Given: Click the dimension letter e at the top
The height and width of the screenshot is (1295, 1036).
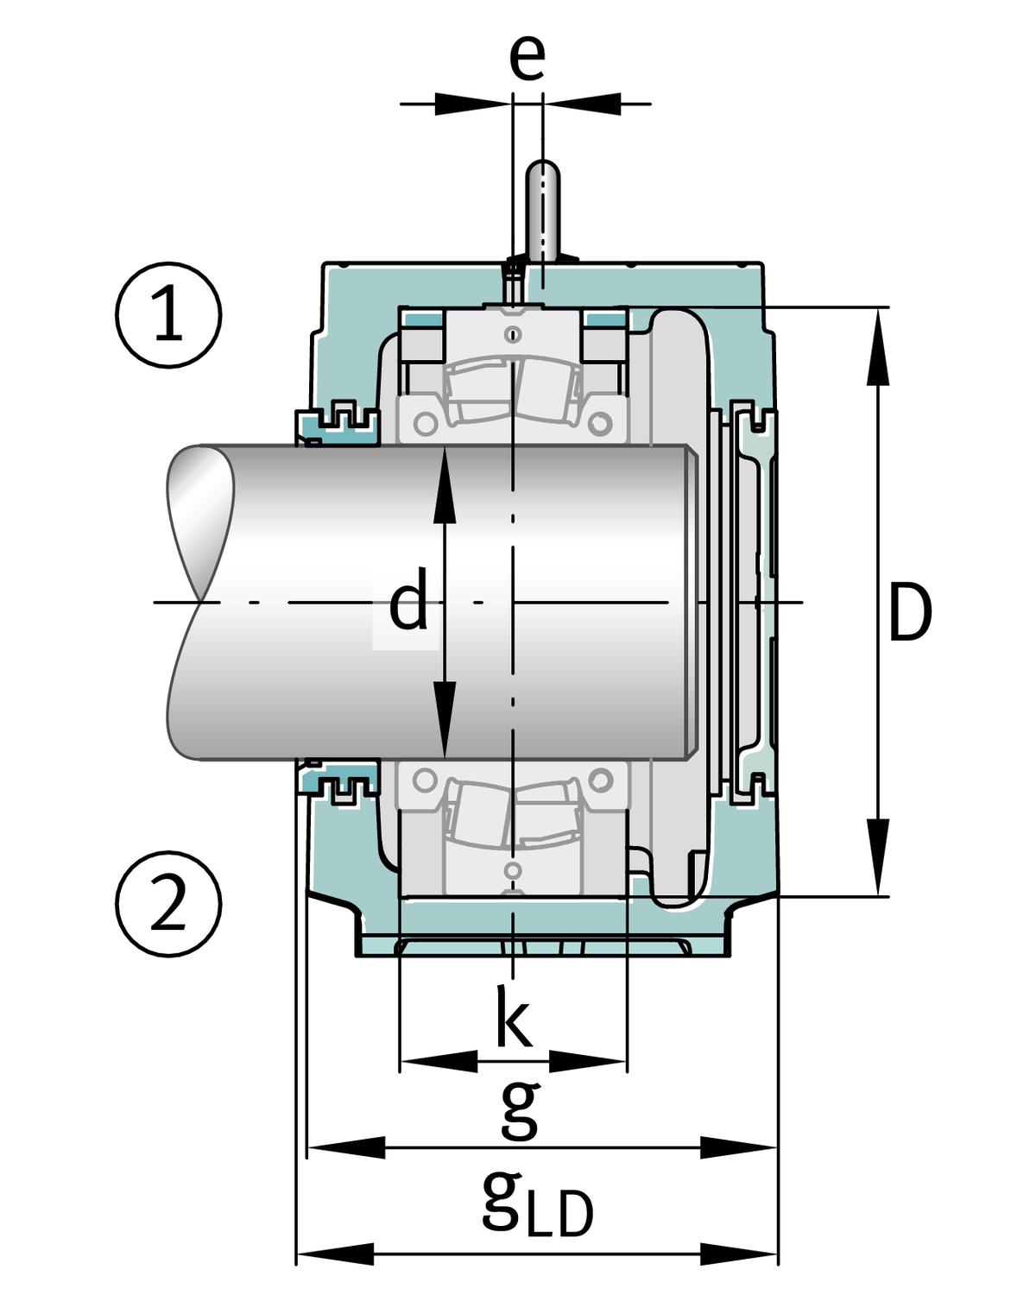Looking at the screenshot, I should pos(527,56).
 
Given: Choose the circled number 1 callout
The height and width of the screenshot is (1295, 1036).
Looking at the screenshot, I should pos(168,315).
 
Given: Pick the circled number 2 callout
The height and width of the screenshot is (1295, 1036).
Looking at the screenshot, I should pos(168,904).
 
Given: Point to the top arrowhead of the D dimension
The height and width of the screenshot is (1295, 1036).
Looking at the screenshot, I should pos(878,345).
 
